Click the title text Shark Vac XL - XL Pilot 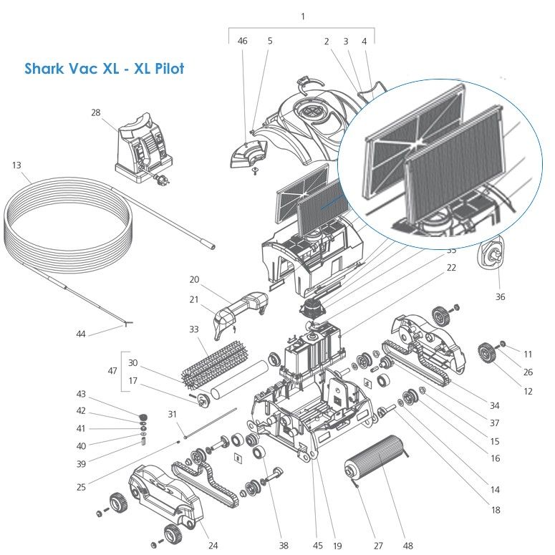click(104, 68)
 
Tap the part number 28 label click(95, 112)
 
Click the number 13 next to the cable click(16, 165)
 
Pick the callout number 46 click(243, 41)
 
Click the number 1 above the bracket click(303, 16)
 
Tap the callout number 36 click(500, 296)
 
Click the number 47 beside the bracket click(112, 371)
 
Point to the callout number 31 click(172, 414)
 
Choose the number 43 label click(81, 394)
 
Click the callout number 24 click(213, 546)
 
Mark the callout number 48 click(407, 546)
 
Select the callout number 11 click(528, 354)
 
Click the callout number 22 click(451, 268)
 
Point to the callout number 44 click(81, 334)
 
